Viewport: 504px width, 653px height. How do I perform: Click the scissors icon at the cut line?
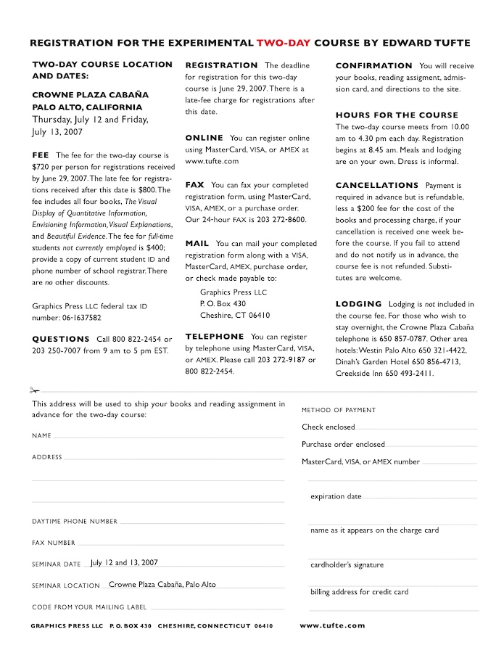(x=34, y=390)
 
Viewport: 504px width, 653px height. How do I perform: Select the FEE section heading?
(x=40, y=155)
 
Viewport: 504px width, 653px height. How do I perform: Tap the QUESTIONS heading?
(x=61, y=339)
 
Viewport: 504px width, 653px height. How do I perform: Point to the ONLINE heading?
(x=205, y=138)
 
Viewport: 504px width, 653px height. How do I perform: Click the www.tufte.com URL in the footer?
(x=332, y=625)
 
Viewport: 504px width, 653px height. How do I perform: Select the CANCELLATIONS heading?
(x=377, y=186)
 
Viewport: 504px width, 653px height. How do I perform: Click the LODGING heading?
(x=358, y=304)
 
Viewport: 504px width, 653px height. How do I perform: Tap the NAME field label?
(x=41, y=436)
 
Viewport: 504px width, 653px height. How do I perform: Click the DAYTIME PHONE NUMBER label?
(x=75, y=522)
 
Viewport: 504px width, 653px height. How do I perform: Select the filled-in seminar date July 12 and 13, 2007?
(x=124, y=562)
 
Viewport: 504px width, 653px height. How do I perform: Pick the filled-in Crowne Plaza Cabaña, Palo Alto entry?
(x=162, y=584)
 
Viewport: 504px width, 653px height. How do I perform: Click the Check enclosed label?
(x=329, y=427)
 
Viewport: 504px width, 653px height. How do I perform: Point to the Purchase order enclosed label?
(x=343, y=444)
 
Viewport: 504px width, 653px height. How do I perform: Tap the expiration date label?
(x=336, y=497)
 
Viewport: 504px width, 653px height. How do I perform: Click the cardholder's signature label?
(x=347, y=564)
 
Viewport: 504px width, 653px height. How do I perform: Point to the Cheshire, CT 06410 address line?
(x=235, y=316)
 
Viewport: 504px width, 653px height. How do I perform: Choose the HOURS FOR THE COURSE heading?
(x=397, y=115)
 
